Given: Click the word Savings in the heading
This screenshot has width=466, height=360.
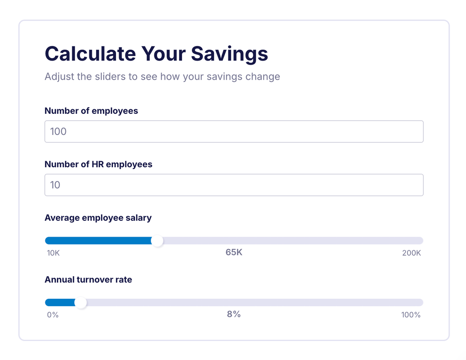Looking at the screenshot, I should (x=230, y=54).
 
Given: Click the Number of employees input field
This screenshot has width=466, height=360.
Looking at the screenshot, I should (x=234, y=131).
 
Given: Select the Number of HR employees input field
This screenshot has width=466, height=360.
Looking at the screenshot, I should (x=234, y=185).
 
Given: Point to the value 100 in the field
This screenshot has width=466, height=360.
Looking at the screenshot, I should (x=58, y=131).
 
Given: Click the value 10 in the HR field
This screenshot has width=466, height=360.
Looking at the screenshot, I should (x=55, y=185).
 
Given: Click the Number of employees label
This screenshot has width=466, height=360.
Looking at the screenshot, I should (x=91, y=111).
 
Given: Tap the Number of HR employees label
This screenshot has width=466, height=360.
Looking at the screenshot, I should (x=98, y=164).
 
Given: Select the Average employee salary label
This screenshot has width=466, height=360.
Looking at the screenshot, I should (x=98, y=218).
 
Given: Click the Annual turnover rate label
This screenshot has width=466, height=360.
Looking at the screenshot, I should (x=88, y=279).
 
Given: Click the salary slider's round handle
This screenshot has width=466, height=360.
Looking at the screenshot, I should (x=158, y=241).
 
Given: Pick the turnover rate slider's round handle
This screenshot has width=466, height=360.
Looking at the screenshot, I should (x=81, y=303).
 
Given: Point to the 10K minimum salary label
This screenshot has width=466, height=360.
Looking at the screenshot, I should (x=53, y=253).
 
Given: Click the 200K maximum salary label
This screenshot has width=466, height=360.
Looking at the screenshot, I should (x=411, y=253).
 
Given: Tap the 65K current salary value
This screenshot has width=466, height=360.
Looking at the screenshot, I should (x=234, y=252).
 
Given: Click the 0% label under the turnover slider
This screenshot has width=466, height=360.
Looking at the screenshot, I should (x=53, y=315).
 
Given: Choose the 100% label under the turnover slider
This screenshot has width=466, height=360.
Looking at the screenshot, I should (x=410, y=315).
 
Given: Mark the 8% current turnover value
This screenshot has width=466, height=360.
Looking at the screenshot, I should (x=234, y=314).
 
